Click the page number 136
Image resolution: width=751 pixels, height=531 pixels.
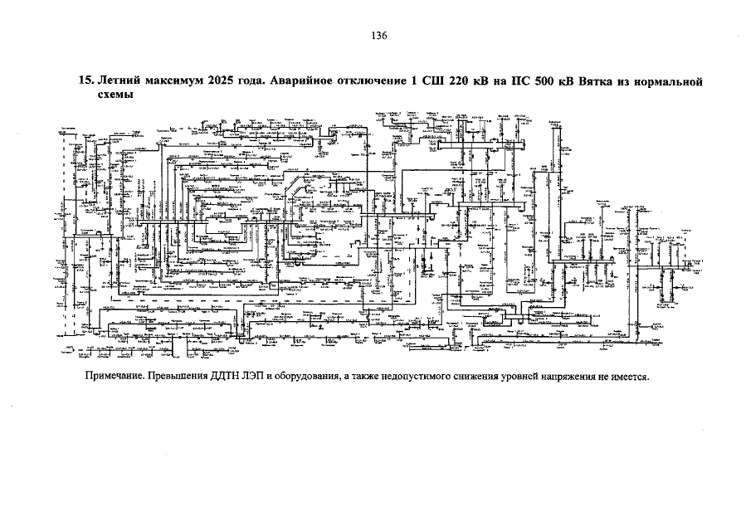click(379, 36)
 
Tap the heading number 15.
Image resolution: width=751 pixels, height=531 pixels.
click(84, 82)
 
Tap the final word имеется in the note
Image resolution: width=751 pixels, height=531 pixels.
click(628, 376)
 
